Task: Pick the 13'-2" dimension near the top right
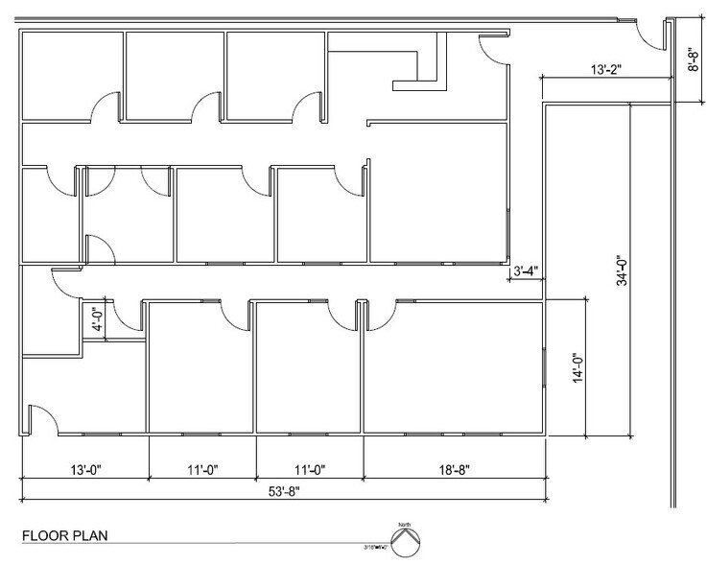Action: (607, 69)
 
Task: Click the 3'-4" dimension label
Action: (525, 271)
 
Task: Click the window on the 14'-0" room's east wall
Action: (543, 369)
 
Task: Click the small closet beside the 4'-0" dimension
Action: (123, 320)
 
